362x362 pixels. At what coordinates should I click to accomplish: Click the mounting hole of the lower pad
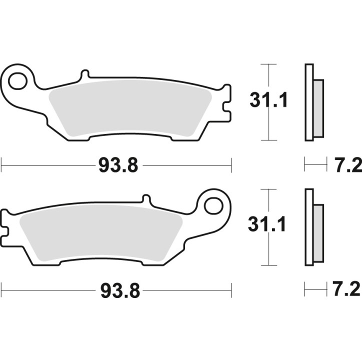pos(213,204)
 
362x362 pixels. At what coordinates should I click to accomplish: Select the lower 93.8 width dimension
pos(118,289)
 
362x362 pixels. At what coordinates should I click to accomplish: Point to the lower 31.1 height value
pos(268,226)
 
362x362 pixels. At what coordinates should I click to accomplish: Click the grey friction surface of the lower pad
pos(100,232)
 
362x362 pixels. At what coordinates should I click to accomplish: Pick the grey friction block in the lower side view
pos(318,232)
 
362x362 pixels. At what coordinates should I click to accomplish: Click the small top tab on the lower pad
pos(146,199)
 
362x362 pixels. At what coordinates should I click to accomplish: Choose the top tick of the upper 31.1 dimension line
pos(269,64)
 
